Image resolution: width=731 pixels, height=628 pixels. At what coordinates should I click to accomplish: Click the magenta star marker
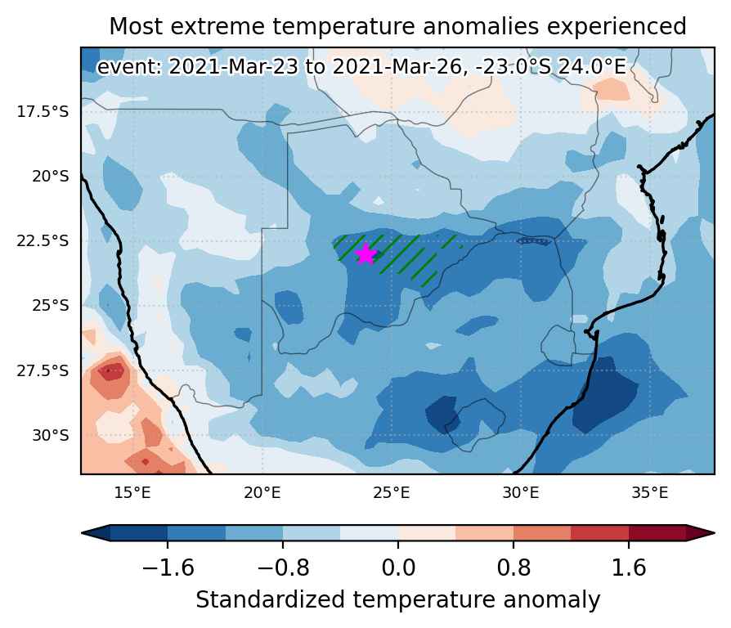(365, 254)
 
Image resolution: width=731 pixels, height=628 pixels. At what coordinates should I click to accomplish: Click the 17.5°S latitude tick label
(43, 112)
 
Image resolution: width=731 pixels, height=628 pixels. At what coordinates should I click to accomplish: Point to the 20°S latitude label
(50, 177)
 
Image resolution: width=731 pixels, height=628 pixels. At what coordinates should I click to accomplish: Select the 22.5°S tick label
(43, 241)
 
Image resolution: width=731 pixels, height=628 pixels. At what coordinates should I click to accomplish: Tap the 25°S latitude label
(50, 306)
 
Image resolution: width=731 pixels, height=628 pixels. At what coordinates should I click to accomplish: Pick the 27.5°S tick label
(43, 371)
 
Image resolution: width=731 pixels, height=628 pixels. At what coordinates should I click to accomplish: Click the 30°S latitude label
(50, 436)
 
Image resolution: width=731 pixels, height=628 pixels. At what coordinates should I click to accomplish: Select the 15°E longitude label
(132, 493)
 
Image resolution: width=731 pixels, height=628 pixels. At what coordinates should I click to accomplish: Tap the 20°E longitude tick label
(262, 493)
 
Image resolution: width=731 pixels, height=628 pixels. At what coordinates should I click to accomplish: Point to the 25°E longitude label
(392, 493)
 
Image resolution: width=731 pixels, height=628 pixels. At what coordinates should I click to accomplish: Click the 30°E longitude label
(521, 493)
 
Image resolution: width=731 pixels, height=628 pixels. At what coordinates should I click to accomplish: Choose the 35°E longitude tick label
(650, 493)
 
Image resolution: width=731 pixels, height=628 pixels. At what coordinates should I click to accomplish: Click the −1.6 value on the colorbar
(168, 567)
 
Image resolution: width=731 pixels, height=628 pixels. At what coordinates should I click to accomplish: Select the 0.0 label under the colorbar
(398, 567)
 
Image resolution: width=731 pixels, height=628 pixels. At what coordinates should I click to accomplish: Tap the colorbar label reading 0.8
(513, 567)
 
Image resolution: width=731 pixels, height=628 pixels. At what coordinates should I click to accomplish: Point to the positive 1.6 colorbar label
(629, 567)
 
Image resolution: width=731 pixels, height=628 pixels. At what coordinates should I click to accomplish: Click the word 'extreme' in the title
(218, 26)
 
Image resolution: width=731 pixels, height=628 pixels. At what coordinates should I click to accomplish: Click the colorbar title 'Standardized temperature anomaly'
(398, 600)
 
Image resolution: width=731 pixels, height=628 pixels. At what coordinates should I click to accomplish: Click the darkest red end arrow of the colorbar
(699, 533)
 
